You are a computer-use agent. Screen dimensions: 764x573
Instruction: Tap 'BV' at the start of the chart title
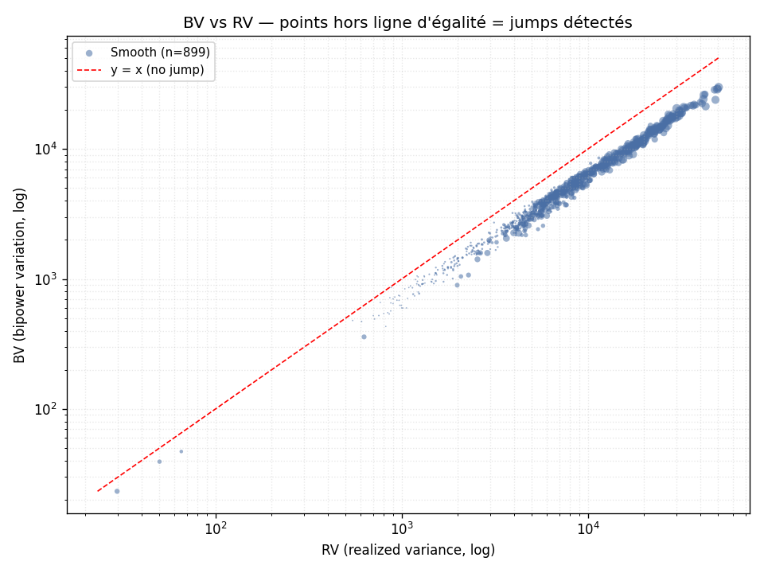[192, 23]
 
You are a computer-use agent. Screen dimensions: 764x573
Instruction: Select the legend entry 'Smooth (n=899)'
[160, 53]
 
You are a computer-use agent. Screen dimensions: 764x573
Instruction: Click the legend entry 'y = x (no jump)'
[158, 70]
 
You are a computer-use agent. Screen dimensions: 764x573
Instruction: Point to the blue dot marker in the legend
[89, 53]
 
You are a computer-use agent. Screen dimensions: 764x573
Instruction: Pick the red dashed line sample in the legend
[89, 70]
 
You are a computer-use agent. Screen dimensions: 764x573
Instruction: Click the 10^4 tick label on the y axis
[46, 148]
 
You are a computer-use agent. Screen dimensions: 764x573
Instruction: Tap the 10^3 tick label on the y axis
[46, 279]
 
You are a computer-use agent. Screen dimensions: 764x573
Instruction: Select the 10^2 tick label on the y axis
[46, 409]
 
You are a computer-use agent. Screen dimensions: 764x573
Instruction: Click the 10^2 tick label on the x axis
[216, 528]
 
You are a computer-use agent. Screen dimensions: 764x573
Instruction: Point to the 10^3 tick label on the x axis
[402, 528]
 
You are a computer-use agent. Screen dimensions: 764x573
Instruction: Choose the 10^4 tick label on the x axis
[589, 528]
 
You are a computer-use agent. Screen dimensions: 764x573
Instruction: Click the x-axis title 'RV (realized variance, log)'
[408, 550]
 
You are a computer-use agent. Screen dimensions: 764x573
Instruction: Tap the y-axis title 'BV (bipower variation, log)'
[19, 275]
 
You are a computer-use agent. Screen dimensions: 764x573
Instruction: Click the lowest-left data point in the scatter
[117, 491]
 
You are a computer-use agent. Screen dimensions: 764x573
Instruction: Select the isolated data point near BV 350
[364, 337]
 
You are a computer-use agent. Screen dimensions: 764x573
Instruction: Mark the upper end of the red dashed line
[719, 58]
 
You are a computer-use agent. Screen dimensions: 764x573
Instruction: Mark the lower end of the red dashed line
[98, 491]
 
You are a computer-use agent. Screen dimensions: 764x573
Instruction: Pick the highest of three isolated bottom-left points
[181, 452]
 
